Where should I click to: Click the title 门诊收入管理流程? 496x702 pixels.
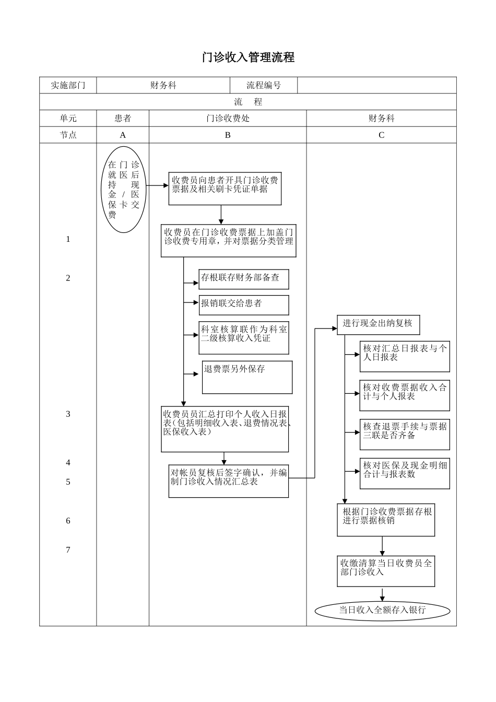click(248, 57)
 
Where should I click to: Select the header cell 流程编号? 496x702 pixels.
click(264, 85)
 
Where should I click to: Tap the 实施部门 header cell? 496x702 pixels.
click(68, 85)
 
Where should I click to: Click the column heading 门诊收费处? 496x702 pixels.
click(228, 119)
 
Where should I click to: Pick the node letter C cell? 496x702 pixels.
click(381, 135)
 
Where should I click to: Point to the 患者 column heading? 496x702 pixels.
click(123, 119)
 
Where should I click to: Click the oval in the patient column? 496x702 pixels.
click(124, 189)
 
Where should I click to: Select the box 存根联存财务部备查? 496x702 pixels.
click(244, 279)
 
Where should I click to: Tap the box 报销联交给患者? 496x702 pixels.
click(244, 305)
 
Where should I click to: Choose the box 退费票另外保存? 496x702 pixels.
click(247, 377)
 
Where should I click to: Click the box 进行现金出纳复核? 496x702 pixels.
click(378, 324)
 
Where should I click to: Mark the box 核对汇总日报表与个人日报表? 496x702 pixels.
click(405, 357)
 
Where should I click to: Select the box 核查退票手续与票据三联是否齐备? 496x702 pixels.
click(405, 434)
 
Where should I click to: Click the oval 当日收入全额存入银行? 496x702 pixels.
click(383, 610)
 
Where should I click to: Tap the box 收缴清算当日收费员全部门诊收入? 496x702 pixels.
click(386, 571)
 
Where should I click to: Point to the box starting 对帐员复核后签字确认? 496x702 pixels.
click(229, 481)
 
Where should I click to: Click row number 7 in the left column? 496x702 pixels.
click(68, 549)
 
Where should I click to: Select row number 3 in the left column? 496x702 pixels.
click(68, 414)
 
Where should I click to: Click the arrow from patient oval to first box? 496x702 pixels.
click(157, 185)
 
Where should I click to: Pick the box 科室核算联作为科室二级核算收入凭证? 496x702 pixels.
click(244, 337)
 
